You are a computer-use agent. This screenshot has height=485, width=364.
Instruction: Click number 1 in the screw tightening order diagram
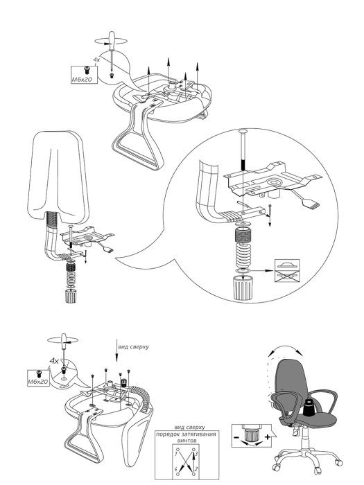click(175, 455)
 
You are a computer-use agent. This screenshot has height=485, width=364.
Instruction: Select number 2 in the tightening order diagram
click(196, 469)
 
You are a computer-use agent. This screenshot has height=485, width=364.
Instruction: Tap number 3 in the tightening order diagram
click(196, 455)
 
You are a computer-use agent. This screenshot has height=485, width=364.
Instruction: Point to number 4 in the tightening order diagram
click(175, 469)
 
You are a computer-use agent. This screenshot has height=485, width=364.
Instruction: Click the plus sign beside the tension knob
click(268, 437)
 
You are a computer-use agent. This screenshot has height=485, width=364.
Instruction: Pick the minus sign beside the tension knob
click(236, 437)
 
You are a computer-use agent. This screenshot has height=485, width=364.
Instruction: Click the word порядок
click(166, 434)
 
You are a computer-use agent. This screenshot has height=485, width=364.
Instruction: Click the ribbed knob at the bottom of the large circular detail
click(243, 288)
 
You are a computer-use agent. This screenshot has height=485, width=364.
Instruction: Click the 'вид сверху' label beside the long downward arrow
click(133, 346)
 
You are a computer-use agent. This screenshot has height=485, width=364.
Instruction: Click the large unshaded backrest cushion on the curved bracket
click(58, 175)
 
